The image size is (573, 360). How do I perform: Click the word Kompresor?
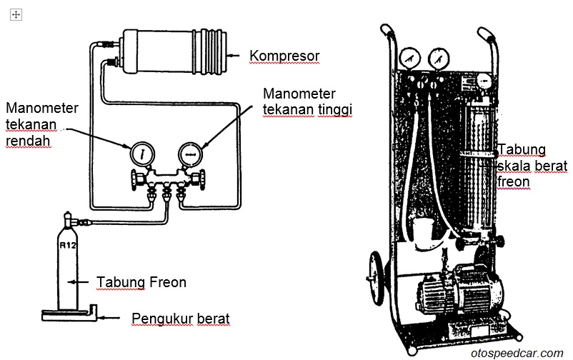(x=284, y=55)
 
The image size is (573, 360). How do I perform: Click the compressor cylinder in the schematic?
(x=171, y=51)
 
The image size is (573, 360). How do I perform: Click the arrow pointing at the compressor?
(x=234, y=54)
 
